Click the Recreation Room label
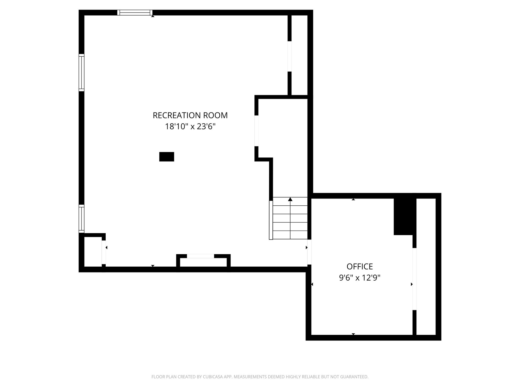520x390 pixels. click(x=190, y=115)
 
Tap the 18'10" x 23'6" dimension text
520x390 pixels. click(x=190, y=126)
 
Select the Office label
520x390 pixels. click(x=360, y=266)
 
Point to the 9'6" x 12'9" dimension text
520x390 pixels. click(x=360, y=278)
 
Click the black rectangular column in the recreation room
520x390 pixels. click(x=167, y=157)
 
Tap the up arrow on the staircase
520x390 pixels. click(x=290, y=200)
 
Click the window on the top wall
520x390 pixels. click(x=135, y=12)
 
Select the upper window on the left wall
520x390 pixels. click(x=81, y=72)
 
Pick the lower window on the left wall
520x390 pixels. click(x=81, y=219)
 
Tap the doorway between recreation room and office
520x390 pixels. click(x=309, y=252)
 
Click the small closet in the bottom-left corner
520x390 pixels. click(x=93, y=252)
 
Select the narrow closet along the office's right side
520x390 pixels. click(x=426, y=267)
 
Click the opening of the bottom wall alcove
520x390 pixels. click(x=200, y=256)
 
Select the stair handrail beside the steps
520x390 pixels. click(x=271, y=220)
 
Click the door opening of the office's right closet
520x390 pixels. click(x=414, y=279)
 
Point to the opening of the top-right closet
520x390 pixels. click(x=289, y=56)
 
